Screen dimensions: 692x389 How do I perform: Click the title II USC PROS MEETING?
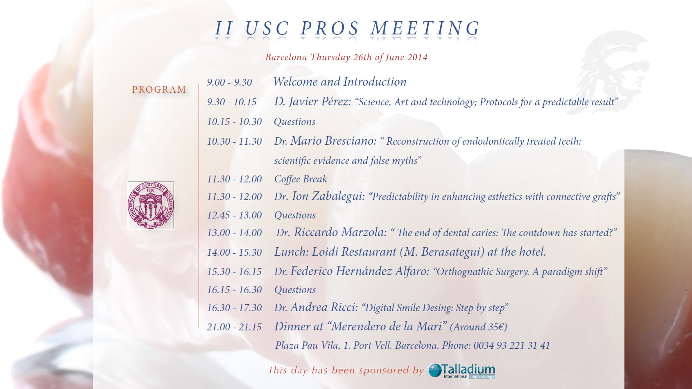(348, 28)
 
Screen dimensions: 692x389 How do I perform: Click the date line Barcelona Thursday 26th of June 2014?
(346, 57)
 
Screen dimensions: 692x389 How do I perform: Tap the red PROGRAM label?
(159, 89)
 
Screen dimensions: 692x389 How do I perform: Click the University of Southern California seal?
(151, 205)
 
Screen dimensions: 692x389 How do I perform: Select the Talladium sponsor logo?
(461, 371)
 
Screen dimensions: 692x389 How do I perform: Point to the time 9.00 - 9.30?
(229, 82)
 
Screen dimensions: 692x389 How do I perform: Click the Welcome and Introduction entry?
(340, 82)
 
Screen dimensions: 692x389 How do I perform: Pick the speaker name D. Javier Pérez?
(312, 101)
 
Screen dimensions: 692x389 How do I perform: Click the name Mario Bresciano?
(333, 141)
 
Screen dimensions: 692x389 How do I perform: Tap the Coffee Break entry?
(301, 179)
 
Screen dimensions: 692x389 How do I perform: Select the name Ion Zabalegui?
(328, 196)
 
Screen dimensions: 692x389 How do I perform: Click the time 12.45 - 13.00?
(234, 215)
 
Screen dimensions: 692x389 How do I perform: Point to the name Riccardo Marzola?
(340, 232)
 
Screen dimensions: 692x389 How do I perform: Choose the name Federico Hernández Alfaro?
(360, 271)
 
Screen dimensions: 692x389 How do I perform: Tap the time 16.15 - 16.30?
(234, 290)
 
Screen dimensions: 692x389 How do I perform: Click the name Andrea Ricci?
(324, 307)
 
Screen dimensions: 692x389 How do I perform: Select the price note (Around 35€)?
(478, 327)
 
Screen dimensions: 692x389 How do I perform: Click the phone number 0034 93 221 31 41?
(511, 345)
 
